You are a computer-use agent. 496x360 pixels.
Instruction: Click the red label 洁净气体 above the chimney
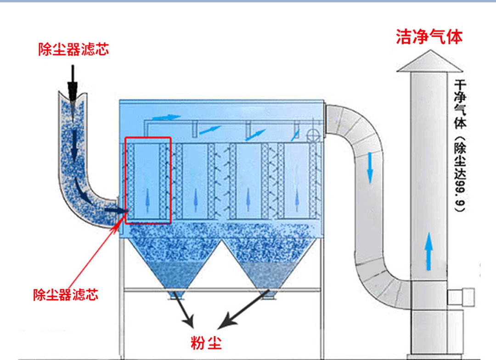coord(429,37)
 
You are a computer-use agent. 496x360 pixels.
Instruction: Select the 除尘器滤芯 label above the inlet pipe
coord(73,50)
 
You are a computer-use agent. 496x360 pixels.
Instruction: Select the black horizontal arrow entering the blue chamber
coord(116,210)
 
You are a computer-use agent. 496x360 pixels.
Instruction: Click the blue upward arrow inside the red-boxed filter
coord(148,201)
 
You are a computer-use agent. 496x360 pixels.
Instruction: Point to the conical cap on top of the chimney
coord(429,62)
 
